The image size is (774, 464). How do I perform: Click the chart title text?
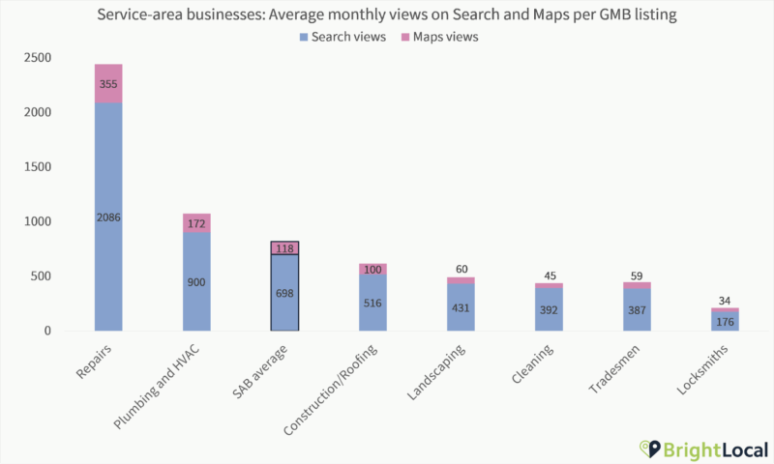pos(387,15)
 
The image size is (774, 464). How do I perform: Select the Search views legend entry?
pos(343,37)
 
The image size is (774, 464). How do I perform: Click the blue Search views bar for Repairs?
pos(108,217)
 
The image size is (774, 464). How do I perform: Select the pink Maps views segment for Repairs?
pos(108,83)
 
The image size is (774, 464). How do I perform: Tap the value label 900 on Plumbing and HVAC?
pos(195,282)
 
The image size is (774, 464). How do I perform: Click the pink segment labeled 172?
pos(195,223)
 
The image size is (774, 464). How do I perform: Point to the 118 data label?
pos(285,248)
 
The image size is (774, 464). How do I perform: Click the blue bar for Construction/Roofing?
pos(372,303)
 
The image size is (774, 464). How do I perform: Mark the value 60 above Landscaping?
pos(461,269)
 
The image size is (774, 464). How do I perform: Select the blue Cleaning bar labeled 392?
pos(548,309)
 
